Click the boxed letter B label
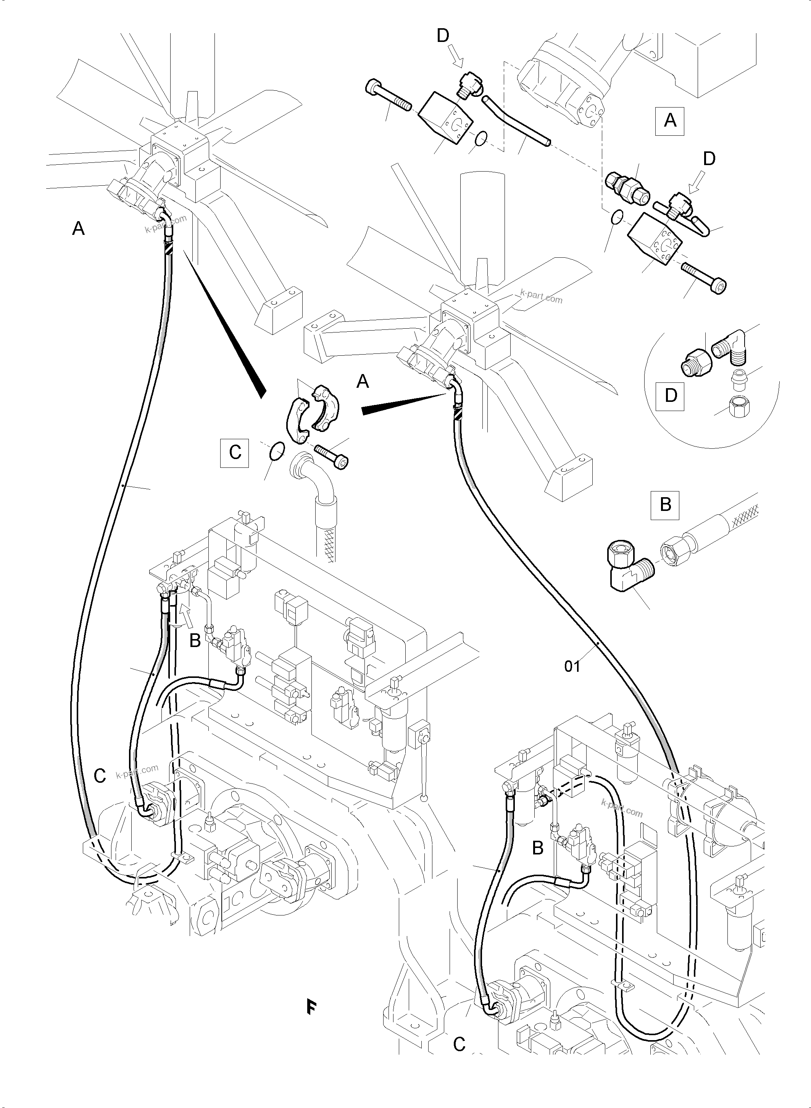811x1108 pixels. pos(665,505)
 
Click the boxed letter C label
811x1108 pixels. pos(235,452)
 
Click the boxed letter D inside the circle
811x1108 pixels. pos(671,395)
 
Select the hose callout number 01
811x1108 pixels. pos(572,667)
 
